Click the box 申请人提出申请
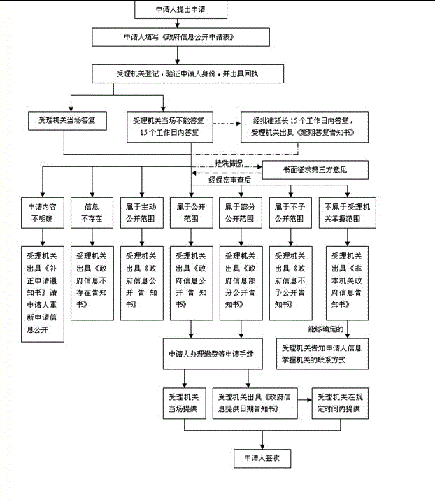[178, 10]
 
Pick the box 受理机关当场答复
[67, 120]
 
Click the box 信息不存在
[91, 212]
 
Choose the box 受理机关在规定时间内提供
[342, 402]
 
